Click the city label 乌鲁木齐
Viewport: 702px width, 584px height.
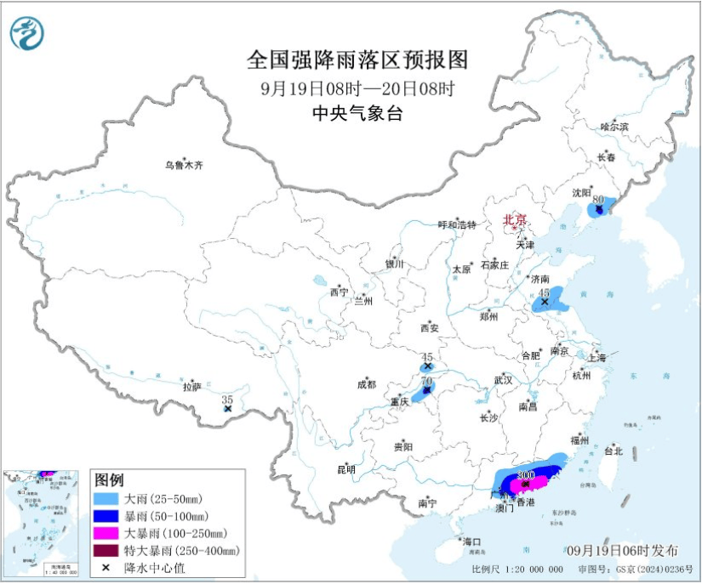point(185,165)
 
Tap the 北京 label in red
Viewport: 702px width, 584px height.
point(515,218)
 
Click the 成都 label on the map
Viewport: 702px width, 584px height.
point(367,384)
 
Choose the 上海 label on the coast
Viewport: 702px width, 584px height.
point(595,358)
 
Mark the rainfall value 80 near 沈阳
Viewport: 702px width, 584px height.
point(599,199)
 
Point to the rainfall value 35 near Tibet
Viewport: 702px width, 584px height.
point(227,399)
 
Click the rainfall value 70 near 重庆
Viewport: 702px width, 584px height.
point(427,380)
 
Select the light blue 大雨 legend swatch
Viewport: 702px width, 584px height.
point(107,499)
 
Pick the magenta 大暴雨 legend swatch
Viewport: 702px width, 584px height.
point(107,533)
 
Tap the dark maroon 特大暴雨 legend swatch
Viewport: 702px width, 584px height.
point(107,550)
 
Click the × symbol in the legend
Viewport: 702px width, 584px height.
point(107,567)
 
